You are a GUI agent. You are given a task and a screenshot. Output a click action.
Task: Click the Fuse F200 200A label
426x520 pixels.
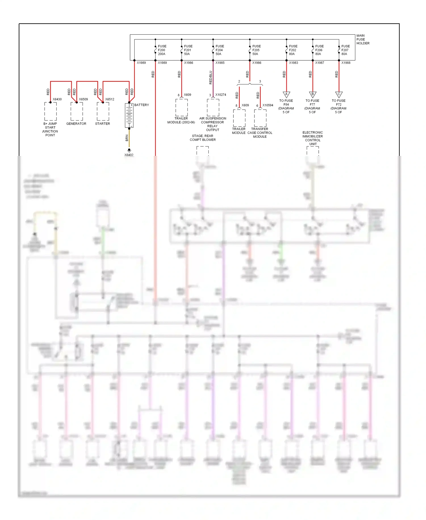click(162, 50)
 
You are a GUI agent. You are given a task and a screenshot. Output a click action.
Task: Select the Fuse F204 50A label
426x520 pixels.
click(220, 50)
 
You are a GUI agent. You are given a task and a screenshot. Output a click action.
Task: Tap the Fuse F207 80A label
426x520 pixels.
click(345, 50)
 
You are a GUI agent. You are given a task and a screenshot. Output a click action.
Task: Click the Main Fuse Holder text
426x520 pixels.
click(363, 40)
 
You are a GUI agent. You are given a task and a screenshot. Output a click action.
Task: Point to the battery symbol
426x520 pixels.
click(129, 115)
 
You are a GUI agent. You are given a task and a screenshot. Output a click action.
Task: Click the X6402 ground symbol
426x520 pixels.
click(129, 150)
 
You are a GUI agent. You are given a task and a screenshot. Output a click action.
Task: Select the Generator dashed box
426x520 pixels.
click(77, 112)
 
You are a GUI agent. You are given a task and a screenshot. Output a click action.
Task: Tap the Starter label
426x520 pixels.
click(103, 124)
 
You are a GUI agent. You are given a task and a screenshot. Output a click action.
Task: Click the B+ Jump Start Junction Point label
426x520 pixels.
click(50, 129)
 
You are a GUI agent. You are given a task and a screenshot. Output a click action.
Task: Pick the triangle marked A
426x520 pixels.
click(286, 94)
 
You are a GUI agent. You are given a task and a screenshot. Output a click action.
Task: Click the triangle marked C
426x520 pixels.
click(339, 94)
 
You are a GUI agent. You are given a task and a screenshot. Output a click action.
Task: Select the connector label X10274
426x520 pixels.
click(221, 95)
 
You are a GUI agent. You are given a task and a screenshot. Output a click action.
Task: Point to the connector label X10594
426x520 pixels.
click(268, 105)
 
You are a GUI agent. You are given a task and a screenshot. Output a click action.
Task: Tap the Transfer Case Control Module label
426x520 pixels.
click(260, 133)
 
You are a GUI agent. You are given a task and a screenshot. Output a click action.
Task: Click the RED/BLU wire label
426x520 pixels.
click(211, 77)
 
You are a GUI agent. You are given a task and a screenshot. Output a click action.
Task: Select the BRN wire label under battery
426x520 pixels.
click(127, 138)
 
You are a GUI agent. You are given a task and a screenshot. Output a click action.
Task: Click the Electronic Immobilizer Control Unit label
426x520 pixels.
click(313, 138)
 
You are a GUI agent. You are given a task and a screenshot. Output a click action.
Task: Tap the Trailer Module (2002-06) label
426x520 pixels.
click(181, 120)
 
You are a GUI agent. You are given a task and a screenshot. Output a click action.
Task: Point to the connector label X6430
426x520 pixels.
click(57, 99)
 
